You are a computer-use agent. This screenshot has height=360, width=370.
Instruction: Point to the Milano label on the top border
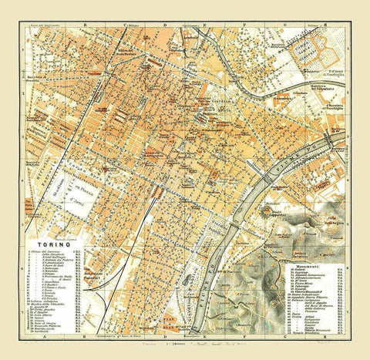[x=136, y=24]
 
